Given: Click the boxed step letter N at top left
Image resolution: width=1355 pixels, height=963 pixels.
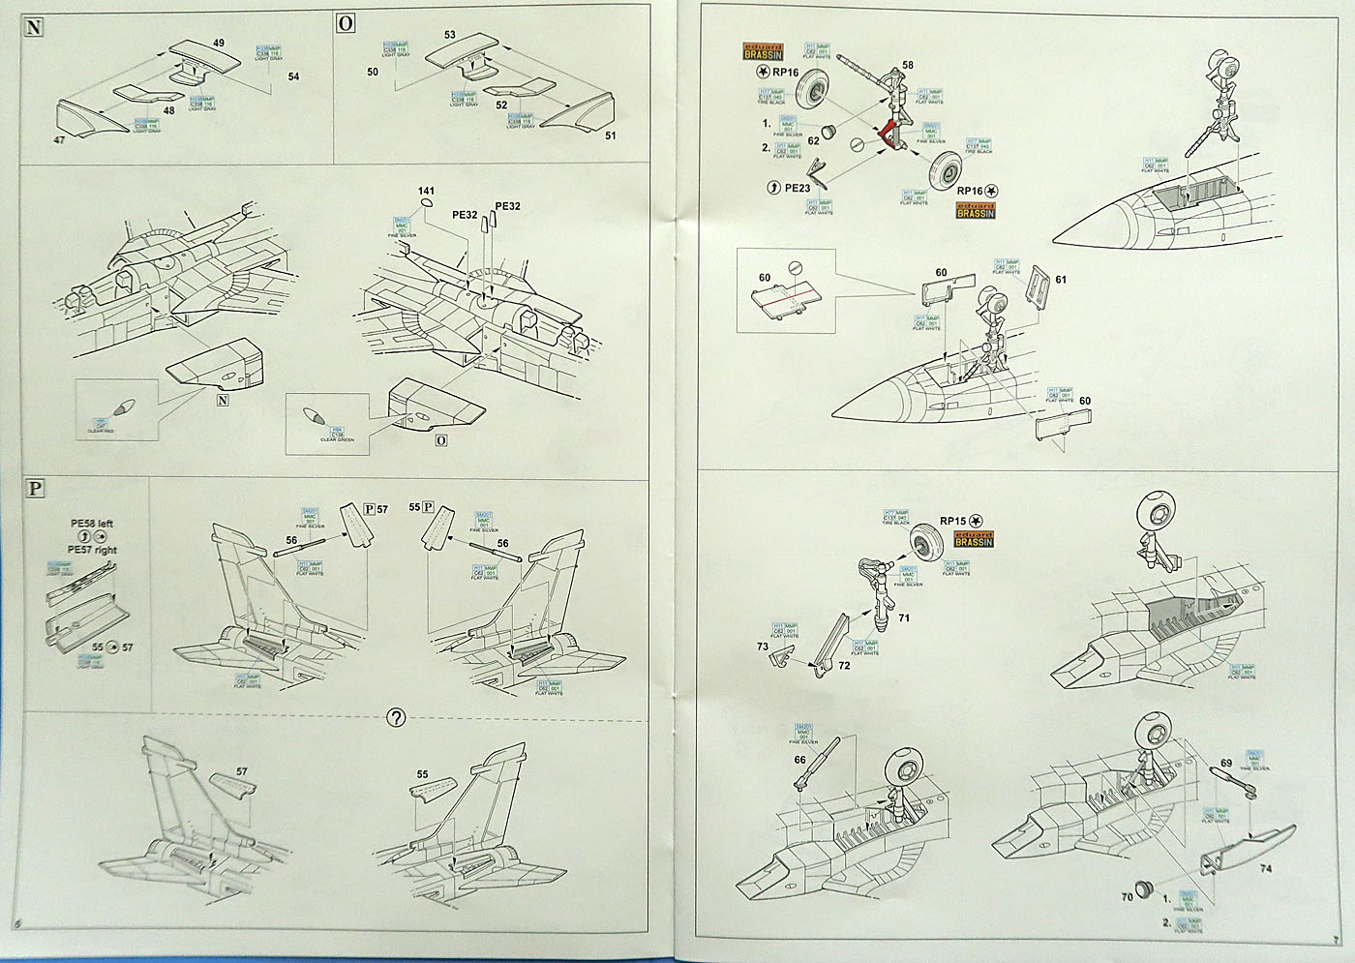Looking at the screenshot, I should pos(34,27).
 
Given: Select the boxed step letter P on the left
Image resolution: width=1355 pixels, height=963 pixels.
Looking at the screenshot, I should pos(34,488).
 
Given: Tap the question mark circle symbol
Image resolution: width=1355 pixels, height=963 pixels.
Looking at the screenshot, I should pos(395,718).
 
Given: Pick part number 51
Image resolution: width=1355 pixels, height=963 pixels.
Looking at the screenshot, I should pos(610,135).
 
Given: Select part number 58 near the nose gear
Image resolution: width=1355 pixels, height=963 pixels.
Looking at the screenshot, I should pos(907,66).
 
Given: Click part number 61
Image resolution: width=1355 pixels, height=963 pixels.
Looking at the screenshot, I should pos(1061,280).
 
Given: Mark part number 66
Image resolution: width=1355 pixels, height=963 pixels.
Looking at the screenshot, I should pos(799,760).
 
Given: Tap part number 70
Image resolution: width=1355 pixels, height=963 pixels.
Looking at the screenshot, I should pos(1128,896).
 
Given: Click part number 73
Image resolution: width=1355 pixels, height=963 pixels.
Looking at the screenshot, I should pos(763,646).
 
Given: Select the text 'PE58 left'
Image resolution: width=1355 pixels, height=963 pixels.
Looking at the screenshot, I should pos(92,524).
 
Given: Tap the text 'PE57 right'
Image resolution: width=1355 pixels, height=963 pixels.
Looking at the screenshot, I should pos(93,549).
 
